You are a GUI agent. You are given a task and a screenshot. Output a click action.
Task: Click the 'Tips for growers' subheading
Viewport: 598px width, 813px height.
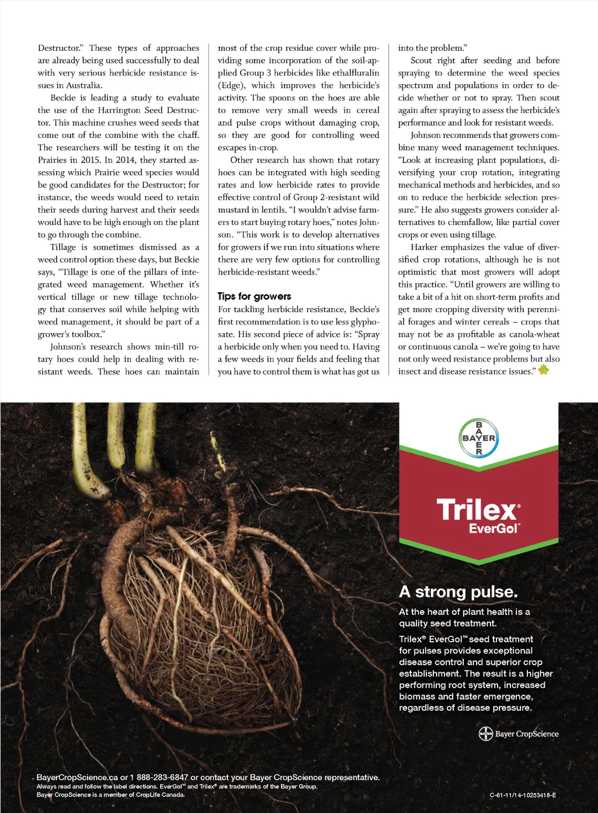254,296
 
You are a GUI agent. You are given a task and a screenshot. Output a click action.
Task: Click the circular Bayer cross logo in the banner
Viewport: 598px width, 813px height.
479,438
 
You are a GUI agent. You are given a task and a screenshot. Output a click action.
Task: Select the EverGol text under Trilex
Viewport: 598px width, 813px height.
493,528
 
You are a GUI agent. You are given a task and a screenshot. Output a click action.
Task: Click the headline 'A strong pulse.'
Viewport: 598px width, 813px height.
458,592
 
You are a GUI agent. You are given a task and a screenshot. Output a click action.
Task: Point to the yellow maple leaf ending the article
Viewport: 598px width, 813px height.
544,370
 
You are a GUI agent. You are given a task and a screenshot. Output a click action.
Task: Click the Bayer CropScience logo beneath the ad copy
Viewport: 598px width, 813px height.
519,734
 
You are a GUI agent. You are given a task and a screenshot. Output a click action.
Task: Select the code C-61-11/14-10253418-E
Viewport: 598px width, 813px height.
523,795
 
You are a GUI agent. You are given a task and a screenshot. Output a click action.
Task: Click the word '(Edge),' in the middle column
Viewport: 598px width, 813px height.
232,85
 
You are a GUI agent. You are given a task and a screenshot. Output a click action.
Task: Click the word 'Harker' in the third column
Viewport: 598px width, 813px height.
424,247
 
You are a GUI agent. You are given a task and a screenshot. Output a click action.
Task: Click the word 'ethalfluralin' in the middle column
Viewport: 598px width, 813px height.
356,73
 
